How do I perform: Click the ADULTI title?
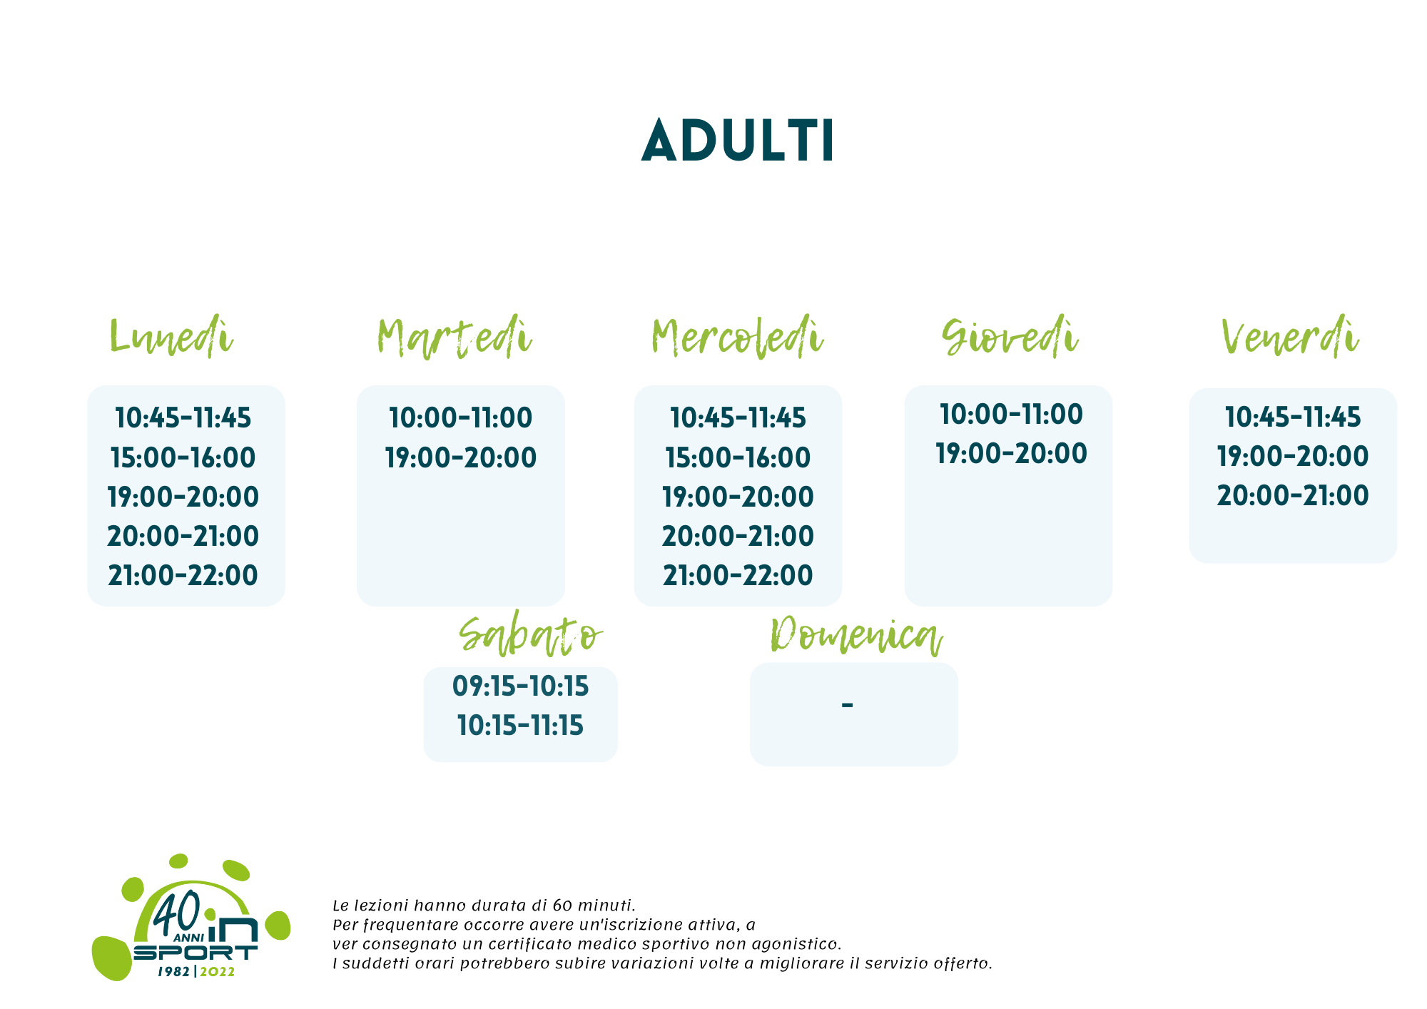738,141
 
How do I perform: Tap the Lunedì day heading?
171,336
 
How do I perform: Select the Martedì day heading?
454,337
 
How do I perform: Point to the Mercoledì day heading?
738,337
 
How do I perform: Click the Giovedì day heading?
1010,336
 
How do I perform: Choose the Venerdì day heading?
1290,336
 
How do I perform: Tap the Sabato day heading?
531,634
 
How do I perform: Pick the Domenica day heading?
856,634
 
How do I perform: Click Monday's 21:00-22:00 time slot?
183,575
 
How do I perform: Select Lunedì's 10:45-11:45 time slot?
183,417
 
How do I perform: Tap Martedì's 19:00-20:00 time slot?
461,457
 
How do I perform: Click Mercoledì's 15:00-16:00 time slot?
738,457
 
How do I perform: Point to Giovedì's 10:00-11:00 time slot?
1011,414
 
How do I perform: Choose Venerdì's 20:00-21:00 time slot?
1293,495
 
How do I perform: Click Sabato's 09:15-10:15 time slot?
521,686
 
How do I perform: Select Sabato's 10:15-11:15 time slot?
521,726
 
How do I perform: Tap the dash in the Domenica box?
847,705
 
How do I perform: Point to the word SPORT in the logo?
195,953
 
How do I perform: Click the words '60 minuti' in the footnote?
593,906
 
